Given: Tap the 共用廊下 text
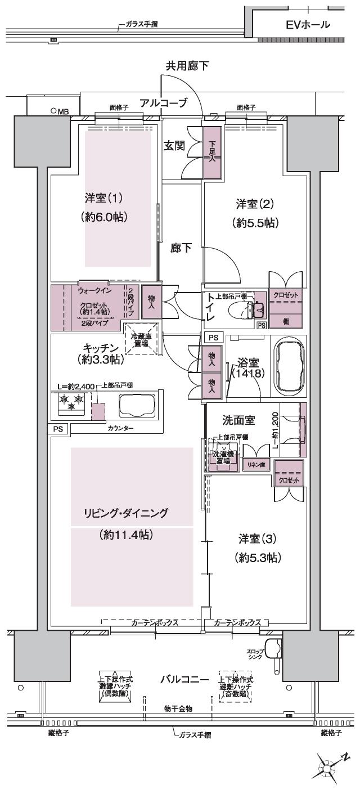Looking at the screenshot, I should pos(187,66).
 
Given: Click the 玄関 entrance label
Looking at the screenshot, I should pos(174,146).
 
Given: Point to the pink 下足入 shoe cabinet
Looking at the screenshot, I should pos(212,152).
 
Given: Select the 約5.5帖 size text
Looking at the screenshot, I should pos(255,223).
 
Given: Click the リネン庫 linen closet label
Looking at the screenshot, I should pos(256,465).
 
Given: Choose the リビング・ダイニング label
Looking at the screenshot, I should pos(126,513).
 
